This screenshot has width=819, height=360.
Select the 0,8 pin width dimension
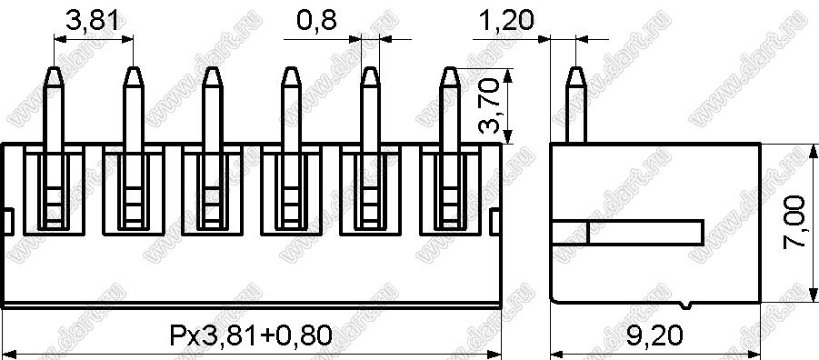click(316, 21)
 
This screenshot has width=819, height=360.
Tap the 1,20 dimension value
click(505, 21)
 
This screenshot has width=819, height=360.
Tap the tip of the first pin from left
click(54, 68)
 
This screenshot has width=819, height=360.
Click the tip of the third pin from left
click(212, 68)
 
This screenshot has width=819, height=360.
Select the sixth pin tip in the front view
click(449, 68)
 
